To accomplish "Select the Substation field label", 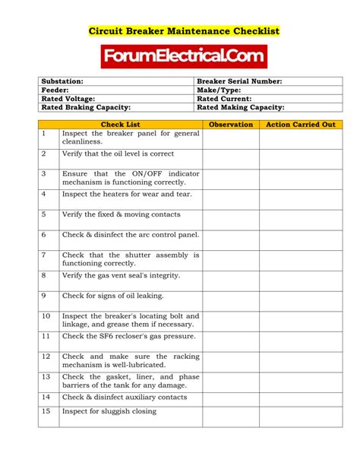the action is point(62,81).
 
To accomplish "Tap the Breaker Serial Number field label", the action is point(239,81).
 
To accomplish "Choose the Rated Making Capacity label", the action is point(240,107).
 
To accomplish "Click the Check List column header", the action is point(120,124).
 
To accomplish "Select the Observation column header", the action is point(230,124).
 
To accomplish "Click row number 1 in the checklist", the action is point(44,134).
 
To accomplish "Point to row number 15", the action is point(46,411).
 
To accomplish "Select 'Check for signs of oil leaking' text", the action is point(112,296).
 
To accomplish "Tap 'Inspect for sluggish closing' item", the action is point(109,411).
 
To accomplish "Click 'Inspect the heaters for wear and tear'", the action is point(127,194).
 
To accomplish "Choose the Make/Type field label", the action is point(219,90).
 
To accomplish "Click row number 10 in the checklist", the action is point(46,315).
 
